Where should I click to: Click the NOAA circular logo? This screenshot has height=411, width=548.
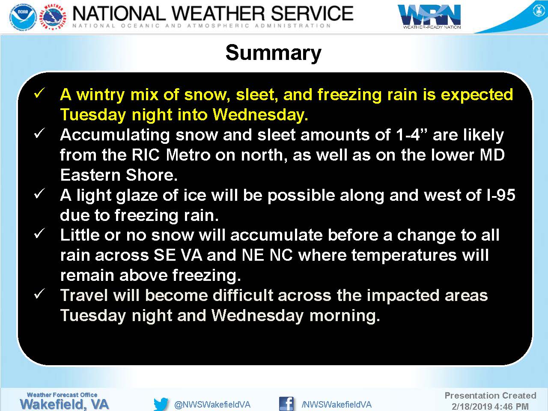point(24,18)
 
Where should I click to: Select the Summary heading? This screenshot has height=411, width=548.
point(274,54)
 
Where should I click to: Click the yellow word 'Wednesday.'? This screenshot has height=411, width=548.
point(260,115)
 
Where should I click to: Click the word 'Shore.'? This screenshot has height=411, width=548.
point(152,175)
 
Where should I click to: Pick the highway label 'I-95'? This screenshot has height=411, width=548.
point(501,195)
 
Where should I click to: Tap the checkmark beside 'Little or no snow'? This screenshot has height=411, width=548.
point(39,234)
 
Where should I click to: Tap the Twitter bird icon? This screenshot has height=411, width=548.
point(161,404)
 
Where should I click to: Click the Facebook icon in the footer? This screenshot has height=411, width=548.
point(286,404)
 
